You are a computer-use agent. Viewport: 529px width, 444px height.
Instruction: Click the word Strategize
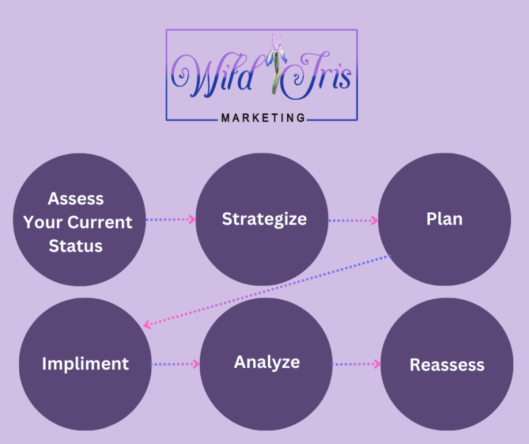coord(264,219)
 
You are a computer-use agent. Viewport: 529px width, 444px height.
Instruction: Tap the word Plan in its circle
coord(444,219)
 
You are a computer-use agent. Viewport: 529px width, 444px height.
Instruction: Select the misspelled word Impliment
coord(85,363)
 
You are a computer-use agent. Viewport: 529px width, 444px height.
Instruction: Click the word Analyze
coord(266,362)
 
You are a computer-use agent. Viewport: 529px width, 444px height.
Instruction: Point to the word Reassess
coord(446,365)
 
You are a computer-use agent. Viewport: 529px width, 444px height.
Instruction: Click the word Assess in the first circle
coord(76,199)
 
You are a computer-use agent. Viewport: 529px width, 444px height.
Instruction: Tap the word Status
coord(78,246)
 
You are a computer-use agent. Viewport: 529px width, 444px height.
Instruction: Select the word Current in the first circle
coord(97,222)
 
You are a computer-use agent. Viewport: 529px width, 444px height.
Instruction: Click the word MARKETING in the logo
coord(263,118)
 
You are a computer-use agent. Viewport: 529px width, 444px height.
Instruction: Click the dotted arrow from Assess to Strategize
coord(171,219)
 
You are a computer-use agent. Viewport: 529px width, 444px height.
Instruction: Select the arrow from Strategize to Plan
coord(353,220)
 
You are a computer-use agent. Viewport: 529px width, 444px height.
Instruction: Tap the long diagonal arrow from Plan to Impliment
coord(268,290)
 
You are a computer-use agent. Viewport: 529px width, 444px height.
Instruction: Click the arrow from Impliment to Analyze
coord(175,363)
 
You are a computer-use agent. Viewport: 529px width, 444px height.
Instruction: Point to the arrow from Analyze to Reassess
coord(356,363)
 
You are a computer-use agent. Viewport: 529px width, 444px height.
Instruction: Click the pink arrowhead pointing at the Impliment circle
coord(148,324)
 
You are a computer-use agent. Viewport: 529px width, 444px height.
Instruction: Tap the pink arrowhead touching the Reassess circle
coord(377,363)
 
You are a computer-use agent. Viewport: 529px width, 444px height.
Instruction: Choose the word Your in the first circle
coord(42,222)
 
